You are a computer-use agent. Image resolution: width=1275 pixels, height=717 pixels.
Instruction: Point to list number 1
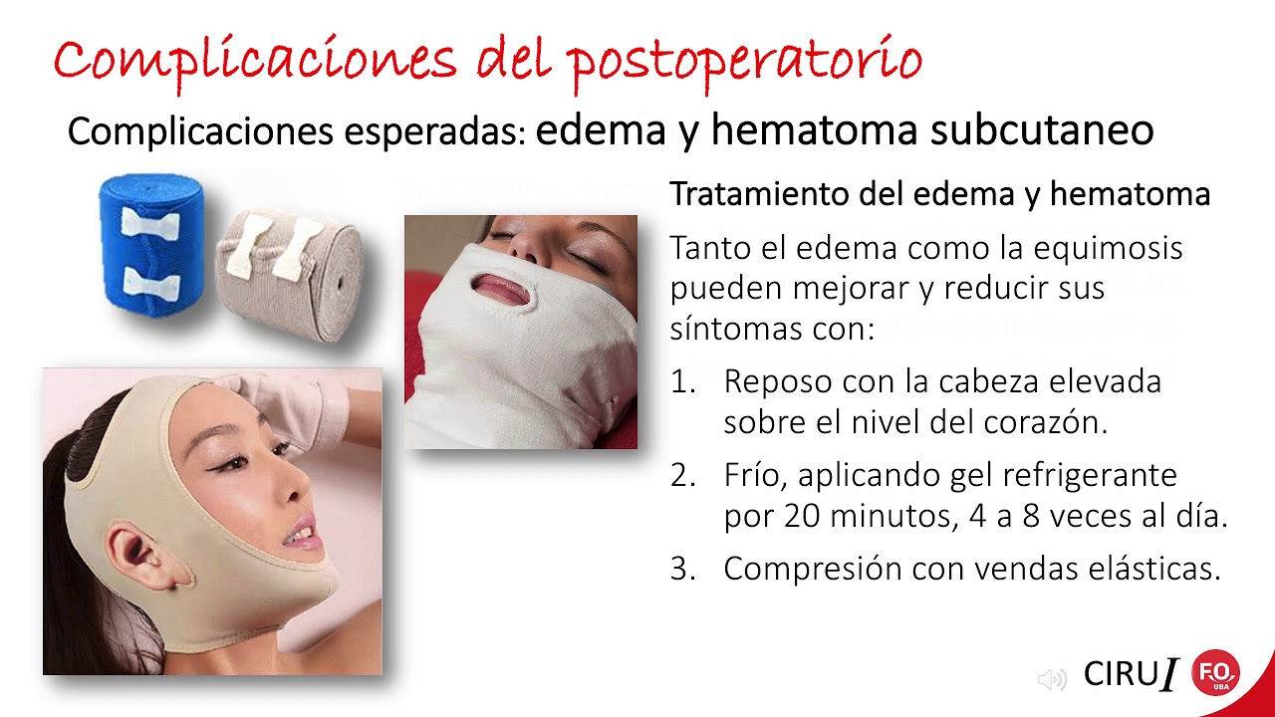coord(682,381)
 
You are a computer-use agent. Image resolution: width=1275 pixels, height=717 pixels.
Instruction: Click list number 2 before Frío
coord(682,475)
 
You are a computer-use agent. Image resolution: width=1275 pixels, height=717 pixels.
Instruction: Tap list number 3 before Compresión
coord(682,569)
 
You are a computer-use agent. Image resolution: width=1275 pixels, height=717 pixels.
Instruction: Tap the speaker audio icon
coord(1051,679)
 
